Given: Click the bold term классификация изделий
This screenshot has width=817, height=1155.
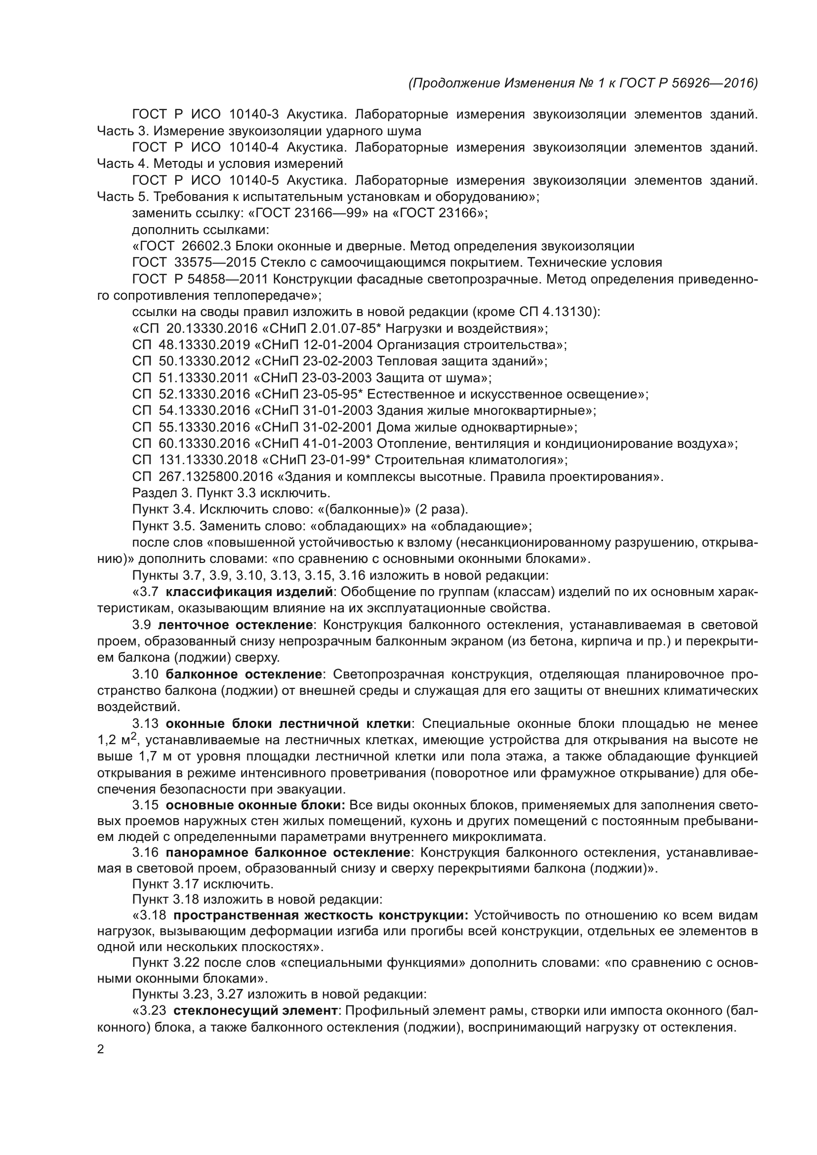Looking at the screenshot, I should (249, 592).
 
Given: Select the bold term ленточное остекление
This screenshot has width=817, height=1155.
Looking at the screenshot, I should (236, 625).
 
